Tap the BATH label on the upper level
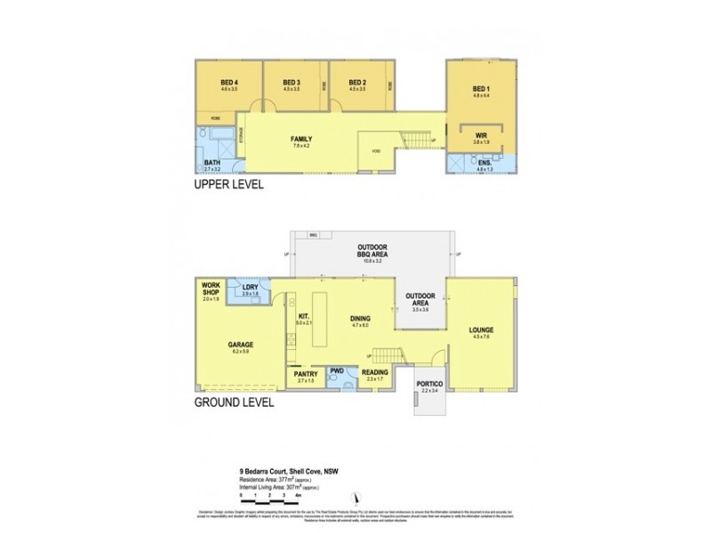coord(212,163)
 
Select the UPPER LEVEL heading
coord(226,187)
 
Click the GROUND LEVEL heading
coord(234,402)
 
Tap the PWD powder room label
coord(338,371)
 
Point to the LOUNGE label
coord(481,331)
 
